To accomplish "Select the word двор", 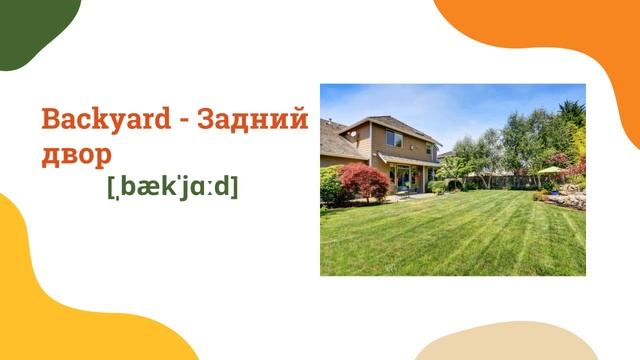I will [76, 155].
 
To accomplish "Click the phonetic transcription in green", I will [172, 187].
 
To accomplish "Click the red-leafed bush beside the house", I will [364, 182].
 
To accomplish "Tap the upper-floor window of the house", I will [395, 140].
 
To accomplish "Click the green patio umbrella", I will [549, 170].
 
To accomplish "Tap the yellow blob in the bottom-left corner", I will [60, 300].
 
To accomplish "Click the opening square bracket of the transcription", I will [111, 187].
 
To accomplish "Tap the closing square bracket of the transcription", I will [234, 187].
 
